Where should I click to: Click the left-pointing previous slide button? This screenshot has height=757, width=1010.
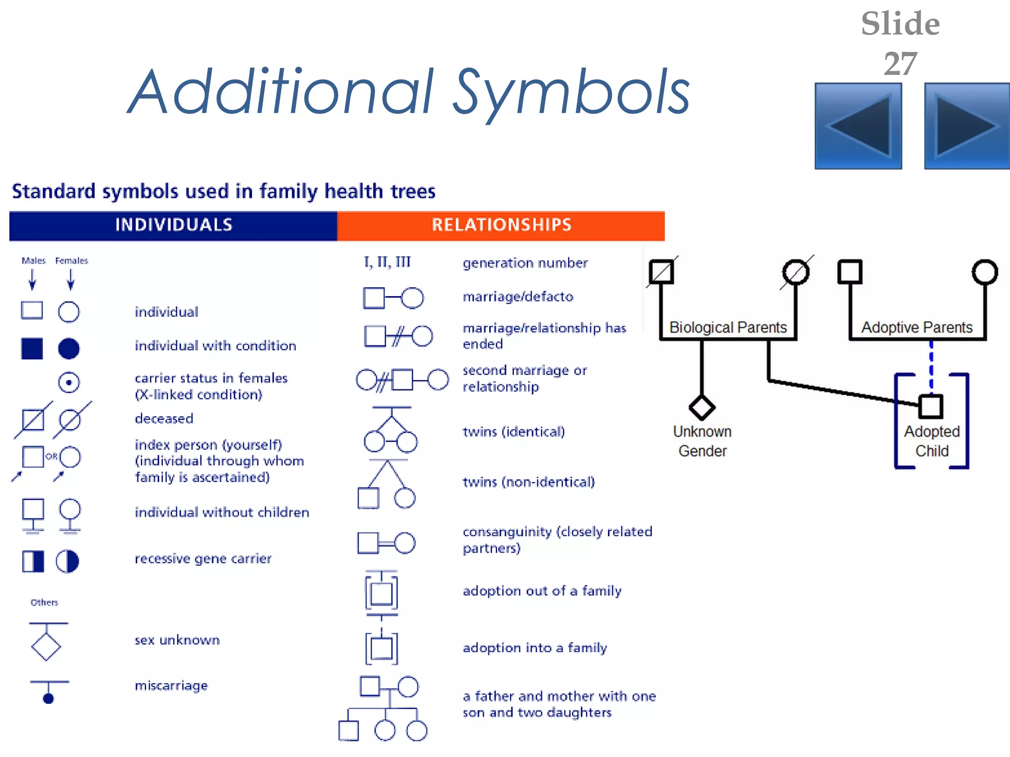point(858,126)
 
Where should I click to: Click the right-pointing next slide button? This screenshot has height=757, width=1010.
point(967,126)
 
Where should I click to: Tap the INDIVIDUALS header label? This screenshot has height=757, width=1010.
point(174,225)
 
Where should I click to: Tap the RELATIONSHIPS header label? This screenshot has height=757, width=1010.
point(502,225)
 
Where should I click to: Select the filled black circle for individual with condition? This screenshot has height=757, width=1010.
point(69,348)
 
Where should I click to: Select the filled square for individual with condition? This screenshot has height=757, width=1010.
point(32,348)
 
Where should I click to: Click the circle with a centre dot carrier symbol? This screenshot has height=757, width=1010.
point(69,382)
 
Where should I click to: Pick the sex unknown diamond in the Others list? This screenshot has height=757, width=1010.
point(46,646)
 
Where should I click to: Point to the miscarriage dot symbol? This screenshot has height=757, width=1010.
point(48,698)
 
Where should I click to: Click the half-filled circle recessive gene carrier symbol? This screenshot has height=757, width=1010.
point(68,561)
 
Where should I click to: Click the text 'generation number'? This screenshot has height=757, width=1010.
point(525,263)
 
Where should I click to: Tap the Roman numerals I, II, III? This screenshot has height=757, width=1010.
point(387,262)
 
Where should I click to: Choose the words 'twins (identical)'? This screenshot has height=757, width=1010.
point(513,432)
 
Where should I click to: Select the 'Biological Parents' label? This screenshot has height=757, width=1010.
point(728,327)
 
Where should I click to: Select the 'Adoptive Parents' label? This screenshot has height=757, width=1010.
point(917,327)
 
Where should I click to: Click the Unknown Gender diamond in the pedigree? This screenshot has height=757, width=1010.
point(702,408)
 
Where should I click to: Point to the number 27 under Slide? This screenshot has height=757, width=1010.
point(900,64)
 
